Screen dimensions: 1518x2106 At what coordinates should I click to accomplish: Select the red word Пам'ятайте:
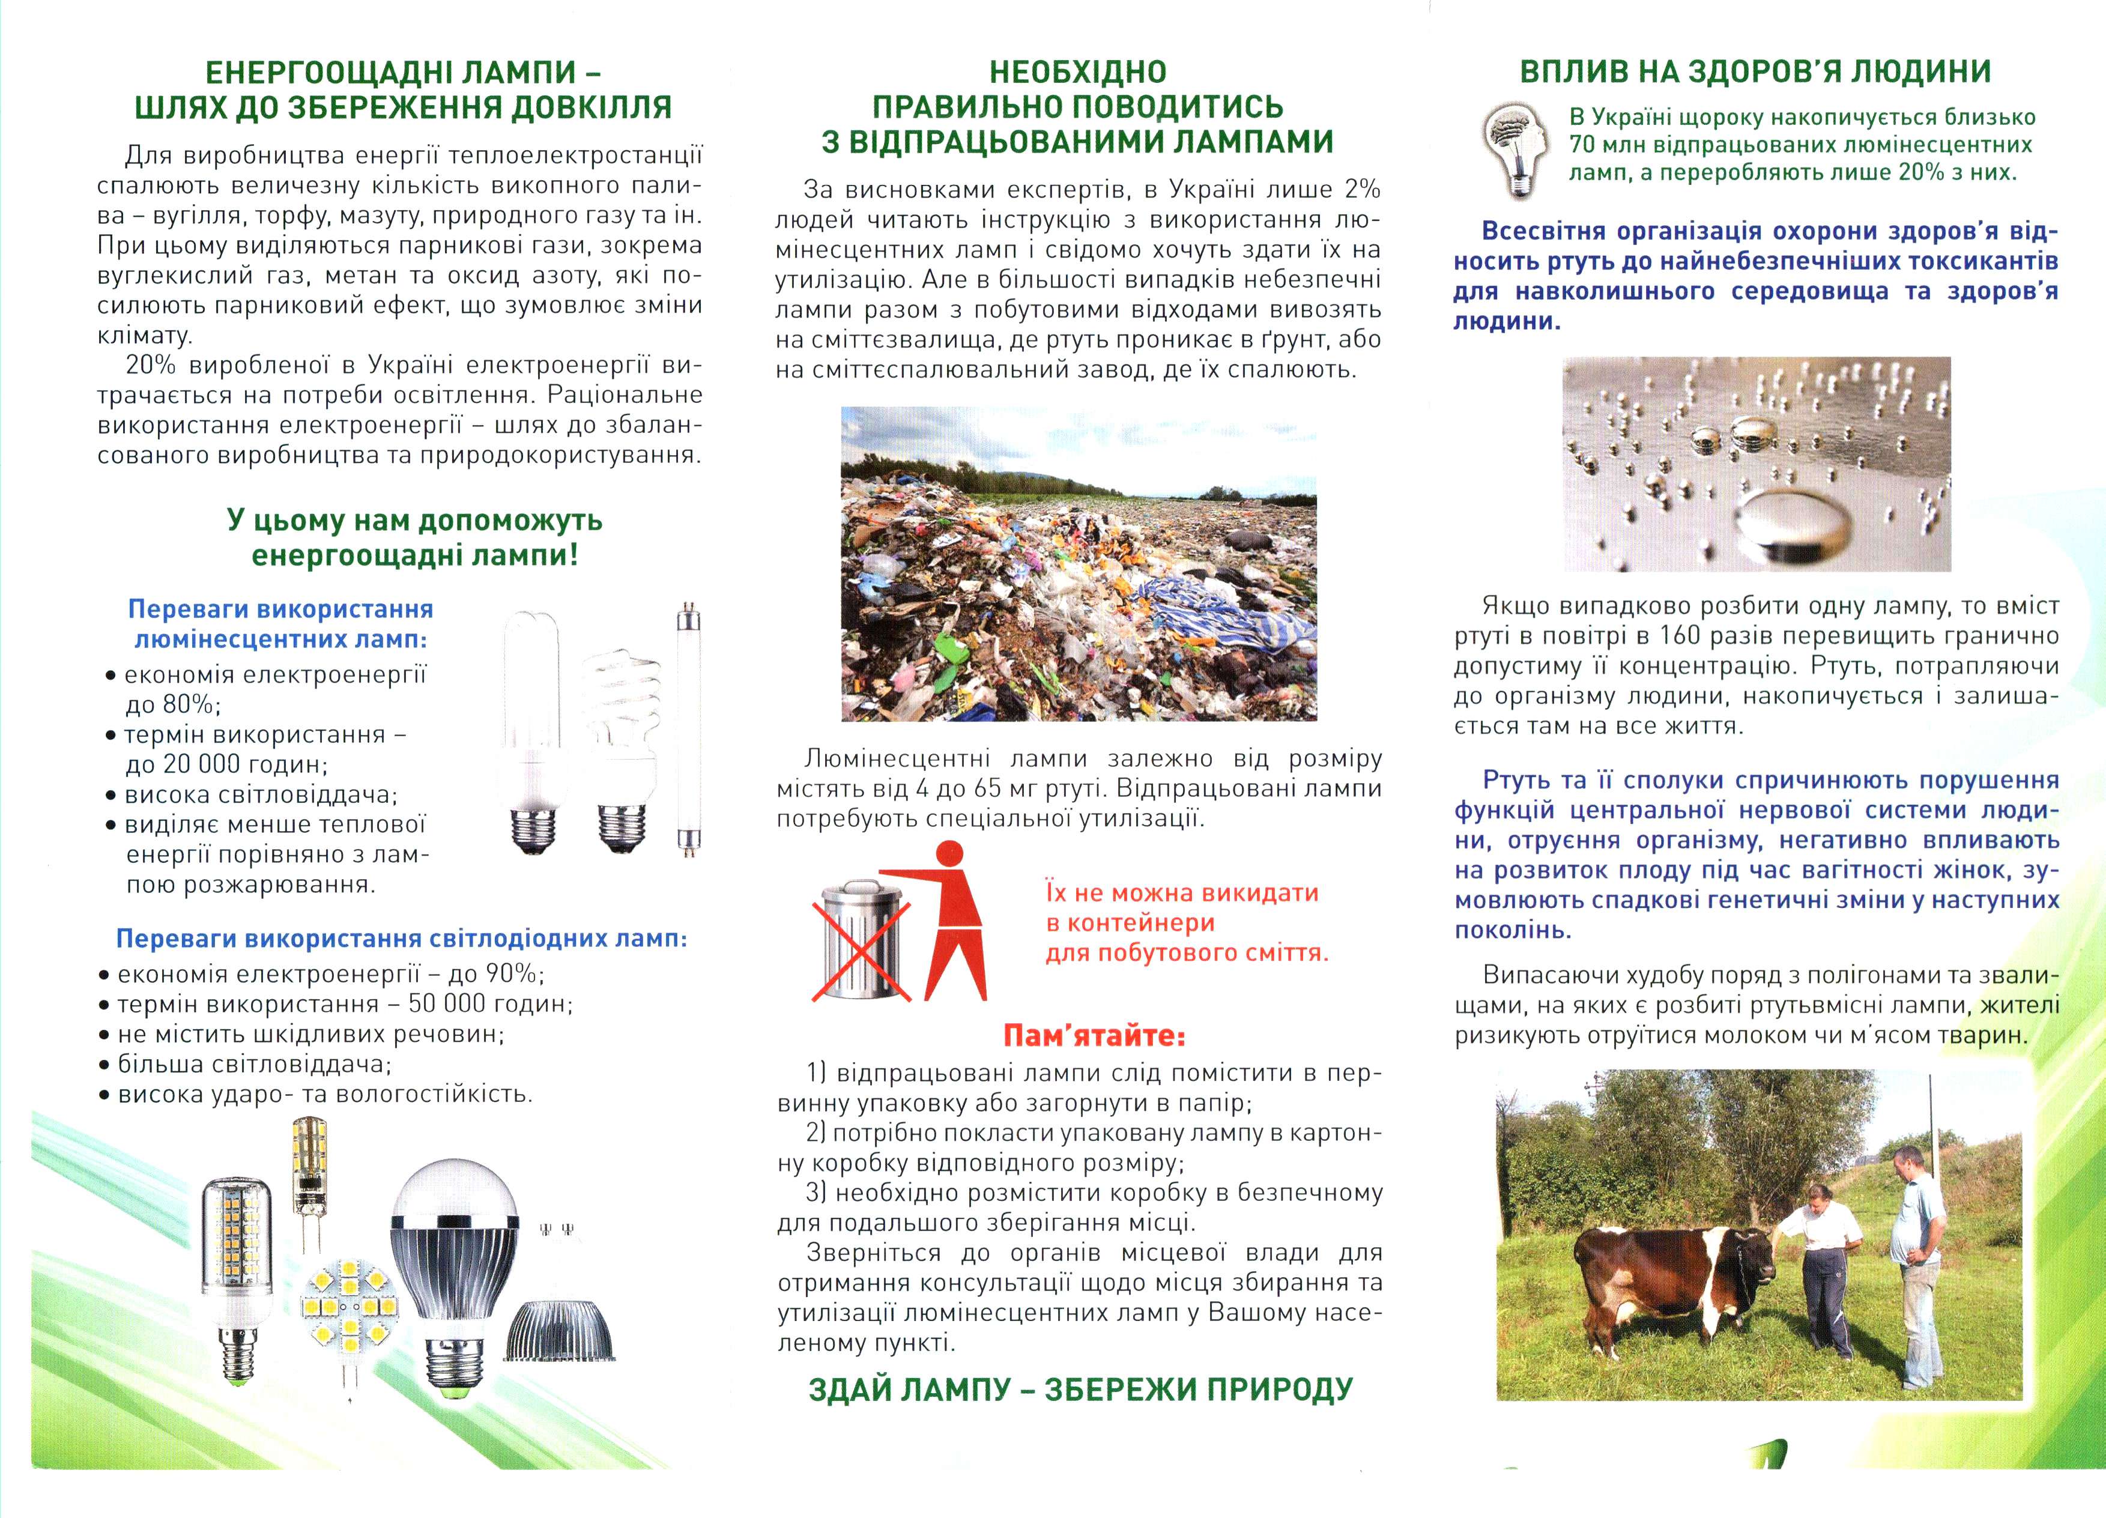point(1094,1035)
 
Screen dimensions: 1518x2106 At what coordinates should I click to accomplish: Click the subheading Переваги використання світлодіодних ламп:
point(401,939)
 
